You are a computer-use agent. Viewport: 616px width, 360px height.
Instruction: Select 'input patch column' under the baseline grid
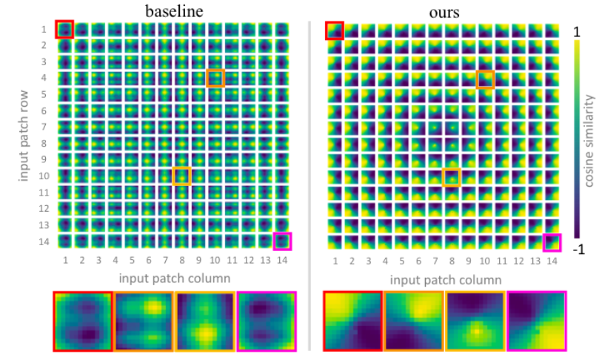coord(175,277)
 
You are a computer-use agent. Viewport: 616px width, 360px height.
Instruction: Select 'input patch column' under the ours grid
coord(444,280)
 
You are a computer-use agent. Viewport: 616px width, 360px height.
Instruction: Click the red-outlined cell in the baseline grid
coord(65,30)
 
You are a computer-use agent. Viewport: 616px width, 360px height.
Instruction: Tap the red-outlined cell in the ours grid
coord(334,30)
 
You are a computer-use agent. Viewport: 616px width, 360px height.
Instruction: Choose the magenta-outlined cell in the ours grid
coord(552,242)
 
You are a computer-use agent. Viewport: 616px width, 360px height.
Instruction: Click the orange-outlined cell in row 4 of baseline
coord(215,78)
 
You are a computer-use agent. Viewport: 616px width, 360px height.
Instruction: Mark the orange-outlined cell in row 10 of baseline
coord(182,176)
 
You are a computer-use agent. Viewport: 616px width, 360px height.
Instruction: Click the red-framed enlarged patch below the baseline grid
coord(83,321)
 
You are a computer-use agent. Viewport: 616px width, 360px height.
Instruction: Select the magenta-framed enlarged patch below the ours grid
coord(536,321)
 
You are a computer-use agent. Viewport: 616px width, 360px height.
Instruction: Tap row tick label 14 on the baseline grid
coord(45,241)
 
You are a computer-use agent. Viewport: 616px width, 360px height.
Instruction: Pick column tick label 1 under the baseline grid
coord(65,260)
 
